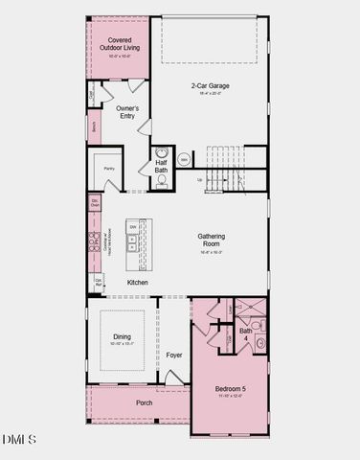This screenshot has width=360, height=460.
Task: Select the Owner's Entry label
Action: pos(127,112)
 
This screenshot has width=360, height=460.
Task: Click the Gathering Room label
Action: pos(211,240)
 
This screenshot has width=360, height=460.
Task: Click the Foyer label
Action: pos(173,356)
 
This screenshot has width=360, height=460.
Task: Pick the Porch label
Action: pos(145,402)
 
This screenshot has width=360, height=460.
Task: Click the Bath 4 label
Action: pos(246,333)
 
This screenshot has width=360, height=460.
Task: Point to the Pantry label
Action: pos(108,169)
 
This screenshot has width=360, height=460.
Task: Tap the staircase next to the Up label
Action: pos(226,168)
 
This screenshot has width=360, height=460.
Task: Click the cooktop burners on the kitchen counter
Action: pos(96,241)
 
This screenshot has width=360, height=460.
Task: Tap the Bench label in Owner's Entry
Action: pos(94,126)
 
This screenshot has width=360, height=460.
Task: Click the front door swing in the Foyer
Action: pos(173,378)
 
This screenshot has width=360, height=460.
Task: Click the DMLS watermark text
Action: pos(19,440)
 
